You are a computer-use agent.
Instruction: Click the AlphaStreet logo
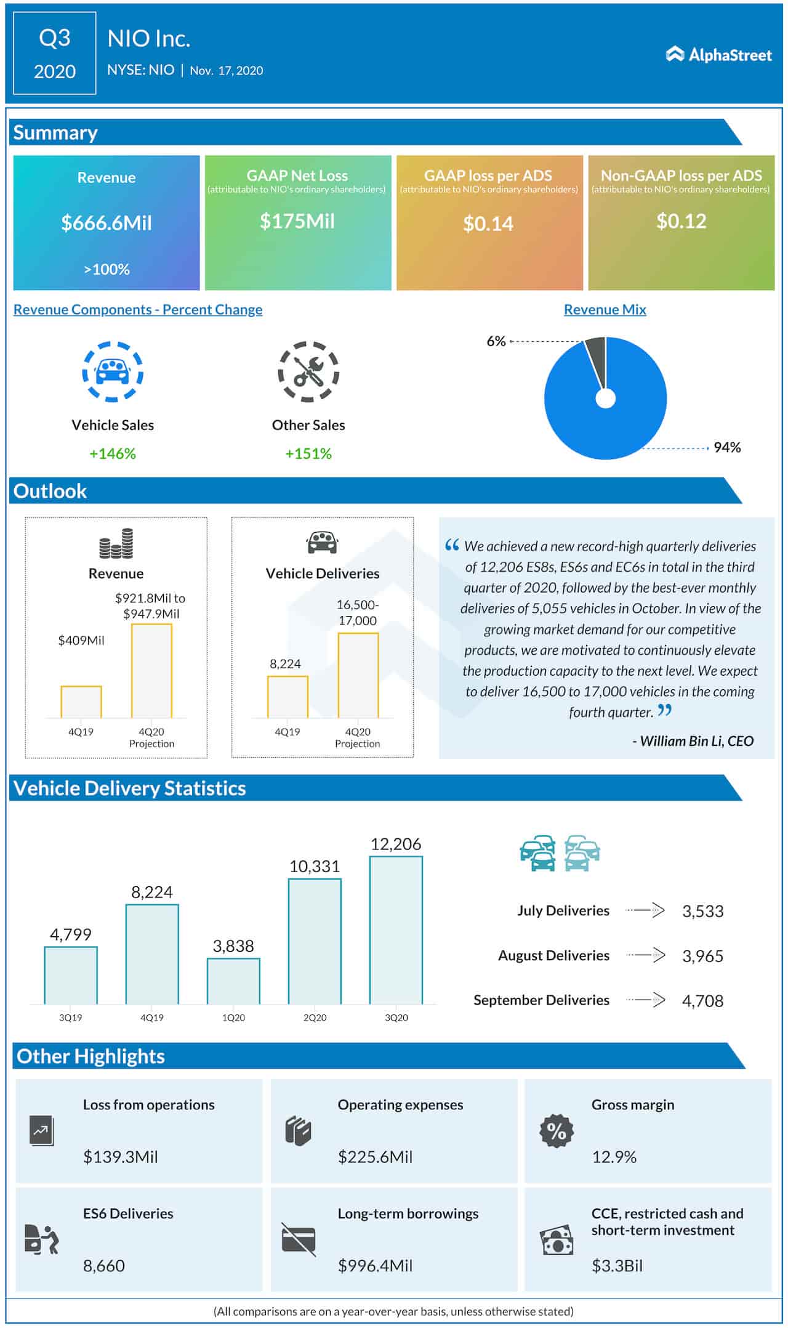click(x=718, y=55)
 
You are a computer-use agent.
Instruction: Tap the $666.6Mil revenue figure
click(x=107, y=223)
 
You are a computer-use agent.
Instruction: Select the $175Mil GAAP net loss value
click(x=297, y=221)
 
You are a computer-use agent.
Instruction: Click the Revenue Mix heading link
click(x=605, y=310)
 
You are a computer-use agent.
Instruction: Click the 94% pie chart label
click(x=726, y=448)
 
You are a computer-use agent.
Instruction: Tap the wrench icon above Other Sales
click(x=308, y=372)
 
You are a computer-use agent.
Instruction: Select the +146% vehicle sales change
click(x=113, y=454)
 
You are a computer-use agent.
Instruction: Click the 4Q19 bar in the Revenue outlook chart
click(x=81, y=702)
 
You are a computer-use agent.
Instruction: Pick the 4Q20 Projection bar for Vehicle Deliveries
click(x=358, y=676)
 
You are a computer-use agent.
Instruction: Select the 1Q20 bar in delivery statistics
click(x=233, y=981)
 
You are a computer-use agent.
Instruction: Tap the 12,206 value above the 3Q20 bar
click(x=396, y=844)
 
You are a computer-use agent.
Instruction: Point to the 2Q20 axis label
click(x=315, y=1018)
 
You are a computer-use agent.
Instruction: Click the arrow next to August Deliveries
click(x=646, y=955)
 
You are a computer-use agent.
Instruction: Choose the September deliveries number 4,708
click(x=702, y=1001)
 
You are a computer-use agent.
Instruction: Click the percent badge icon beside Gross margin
click(x=557, y=1131)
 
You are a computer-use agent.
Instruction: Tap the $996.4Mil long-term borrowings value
click(x=375, y=1266)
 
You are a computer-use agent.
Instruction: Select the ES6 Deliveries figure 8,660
click(x=104, y=1266)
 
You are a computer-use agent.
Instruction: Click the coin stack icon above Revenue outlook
click(x=116, y=543)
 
